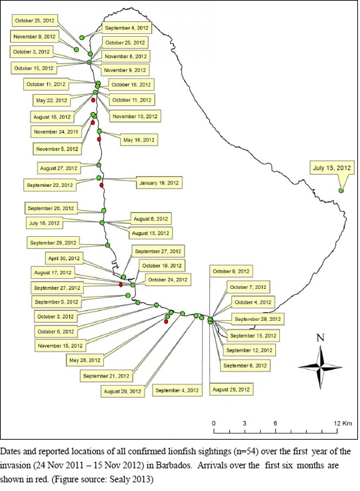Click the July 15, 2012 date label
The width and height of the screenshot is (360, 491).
(x=332, y=168)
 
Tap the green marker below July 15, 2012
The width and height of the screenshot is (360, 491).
(x=341, y=190)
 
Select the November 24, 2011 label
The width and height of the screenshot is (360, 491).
(x=56, y=132)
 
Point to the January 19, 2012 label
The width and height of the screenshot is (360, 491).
(x=159, y=183)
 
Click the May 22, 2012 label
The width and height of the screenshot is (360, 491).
(x=51, y=101)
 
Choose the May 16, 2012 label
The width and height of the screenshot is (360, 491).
(x=139, y=140)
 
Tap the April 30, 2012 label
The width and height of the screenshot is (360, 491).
(x=64, y=258)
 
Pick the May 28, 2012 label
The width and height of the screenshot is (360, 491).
(x=85, y=360)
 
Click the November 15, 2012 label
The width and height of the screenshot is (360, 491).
(x=60, y=346)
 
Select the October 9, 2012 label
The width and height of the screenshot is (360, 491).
(x=231, y=271)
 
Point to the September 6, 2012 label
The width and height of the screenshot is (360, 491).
(x=245, y=366)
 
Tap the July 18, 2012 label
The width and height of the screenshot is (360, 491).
(x=44, y=223)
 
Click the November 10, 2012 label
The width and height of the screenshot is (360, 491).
(x=135, y=116)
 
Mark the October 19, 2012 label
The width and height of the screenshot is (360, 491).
(x=162, y=266)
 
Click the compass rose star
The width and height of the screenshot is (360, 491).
(x=320, y=367)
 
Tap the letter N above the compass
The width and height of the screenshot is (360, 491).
(x=320, y=338)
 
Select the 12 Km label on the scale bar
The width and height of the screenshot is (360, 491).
(x=343, y=424)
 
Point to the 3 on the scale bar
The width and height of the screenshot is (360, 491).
(x=244, y=424)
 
